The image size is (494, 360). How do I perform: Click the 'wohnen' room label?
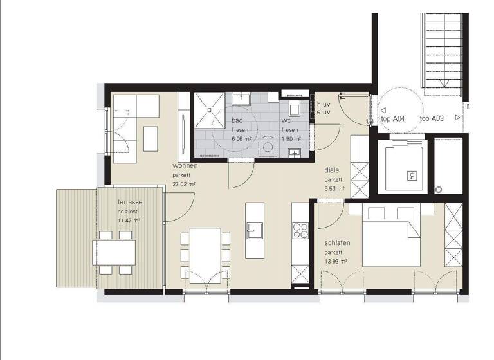pyautogui.click(x=185, y=166)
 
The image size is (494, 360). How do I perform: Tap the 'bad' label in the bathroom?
pyautogui.click(x=237, y=121)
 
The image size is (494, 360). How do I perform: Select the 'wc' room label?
pyautogui.click(x=286, y=121)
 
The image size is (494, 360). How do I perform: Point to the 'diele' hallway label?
pyautogui.click(x=332, y=170)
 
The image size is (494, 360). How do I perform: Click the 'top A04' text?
pyautogui.click(x=393, y=118)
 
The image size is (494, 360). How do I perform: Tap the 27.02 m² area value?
pyautogui.click(x=184, y=184)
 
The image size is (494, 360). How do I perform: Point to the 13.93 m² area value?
pyautogui.click(x=336, y=262)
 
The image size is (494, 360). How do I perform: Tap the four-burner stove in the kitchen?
pyautogui.click(x=300, y=228)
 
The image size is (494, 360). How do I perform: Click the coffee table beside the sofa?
pyautogui.click(x=151, y=138)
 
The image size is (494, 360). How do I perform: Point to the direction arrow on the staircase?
pyautogui.click(x=443, y=82)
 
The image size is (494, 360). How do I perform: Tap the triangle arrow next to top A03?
pyautogui.click(x=457, y=118)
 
